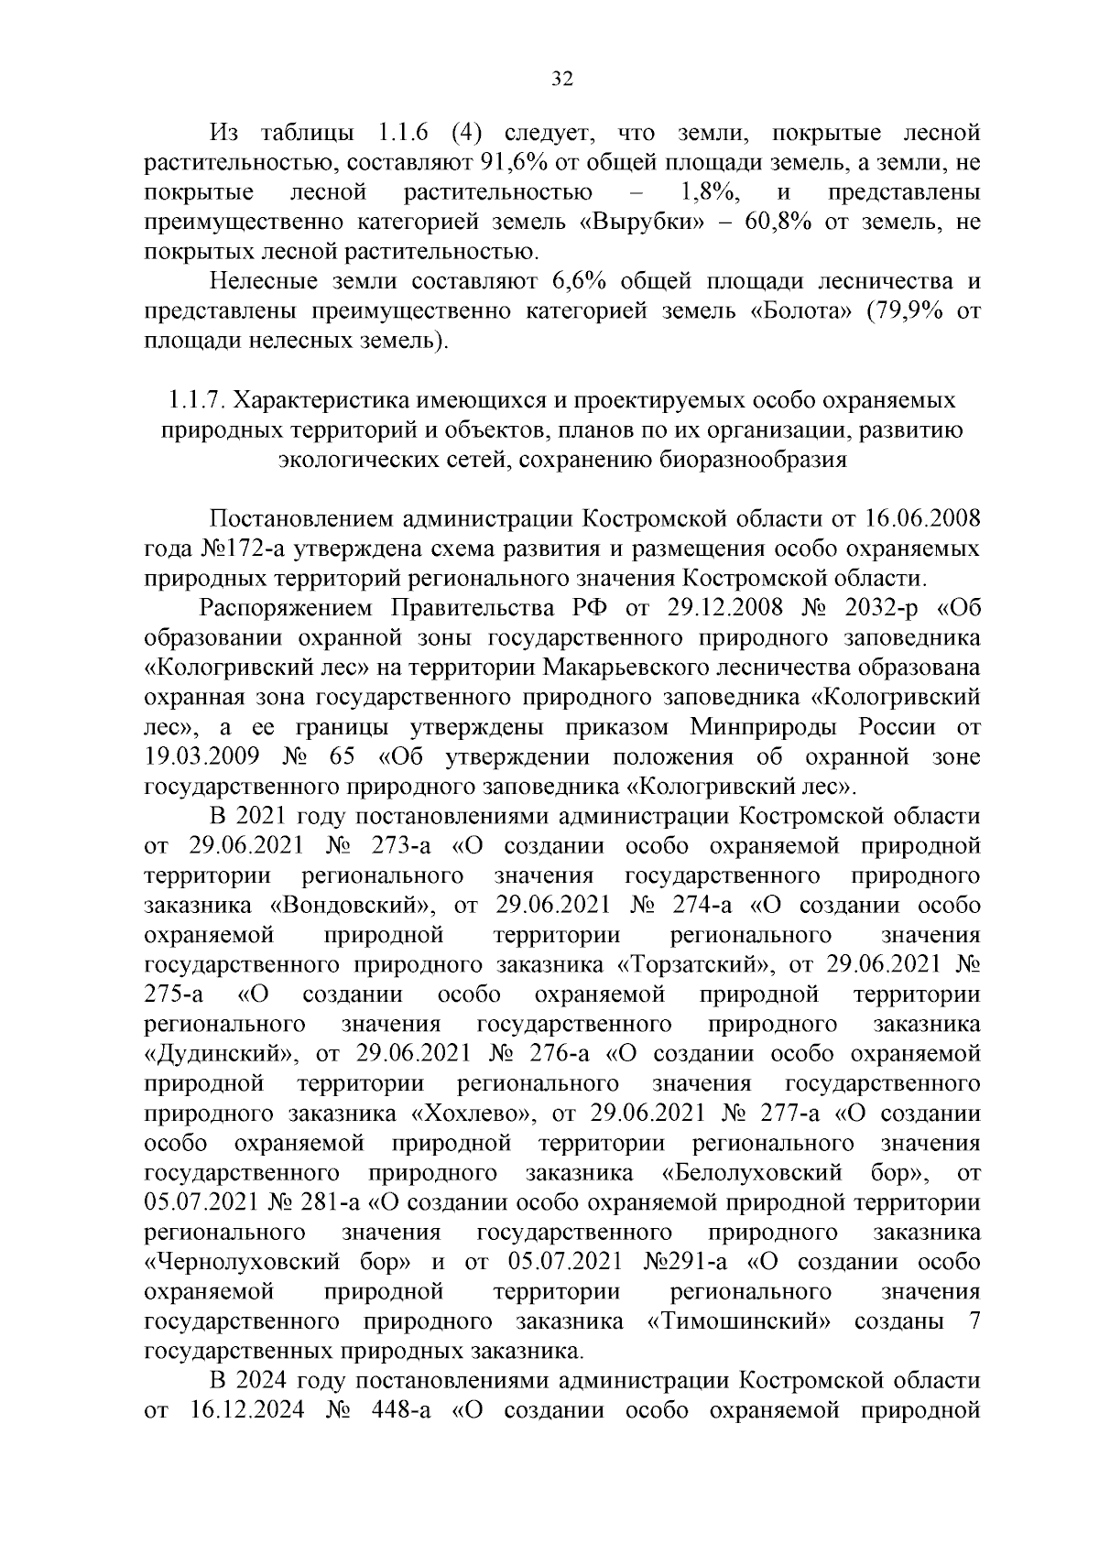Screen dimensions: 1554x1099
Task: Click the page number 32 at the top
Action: tap(561, 80)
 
